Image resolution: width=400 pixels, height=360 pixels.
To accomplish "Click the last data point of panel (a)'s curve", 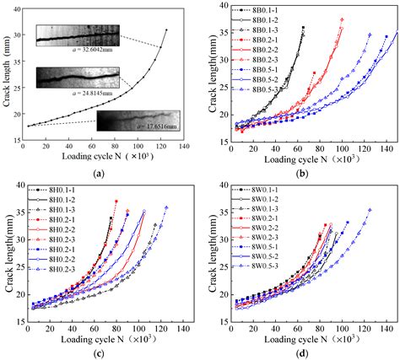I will coord(166,30).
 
